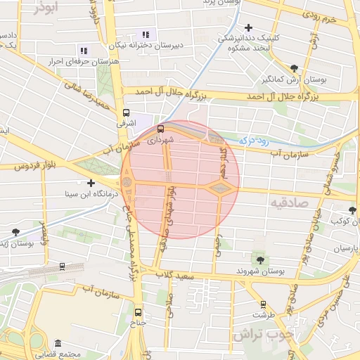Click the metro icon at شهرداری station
pyautogui.click(x=161, y=129)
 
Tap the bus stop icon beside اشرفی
pyautogui.click(x=126, y=112)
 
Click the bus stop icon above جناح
pyautogui.click(x=137, y=312)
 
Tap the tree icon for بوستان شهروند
pyautogui.click(x=261, y=260)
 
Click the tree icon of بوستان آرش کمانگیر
pyautogui.click(x=293, y=68)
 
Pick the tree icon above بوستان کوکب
pyautogui.click(x=352, y=210)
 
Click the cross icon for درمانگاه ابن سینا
pyautogui.click(x=91, y=183)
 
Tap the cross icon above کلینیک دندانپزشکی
pyautogui.click(x=249, y=27)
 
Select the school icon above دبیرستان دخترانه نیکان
pyautogui.click(x=145, y=34)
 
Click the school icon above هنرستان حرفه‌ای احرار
pyautogui.click(x=83, y=51)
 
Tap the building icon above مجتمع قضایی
pyautogui.click(x=57, y=343)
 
